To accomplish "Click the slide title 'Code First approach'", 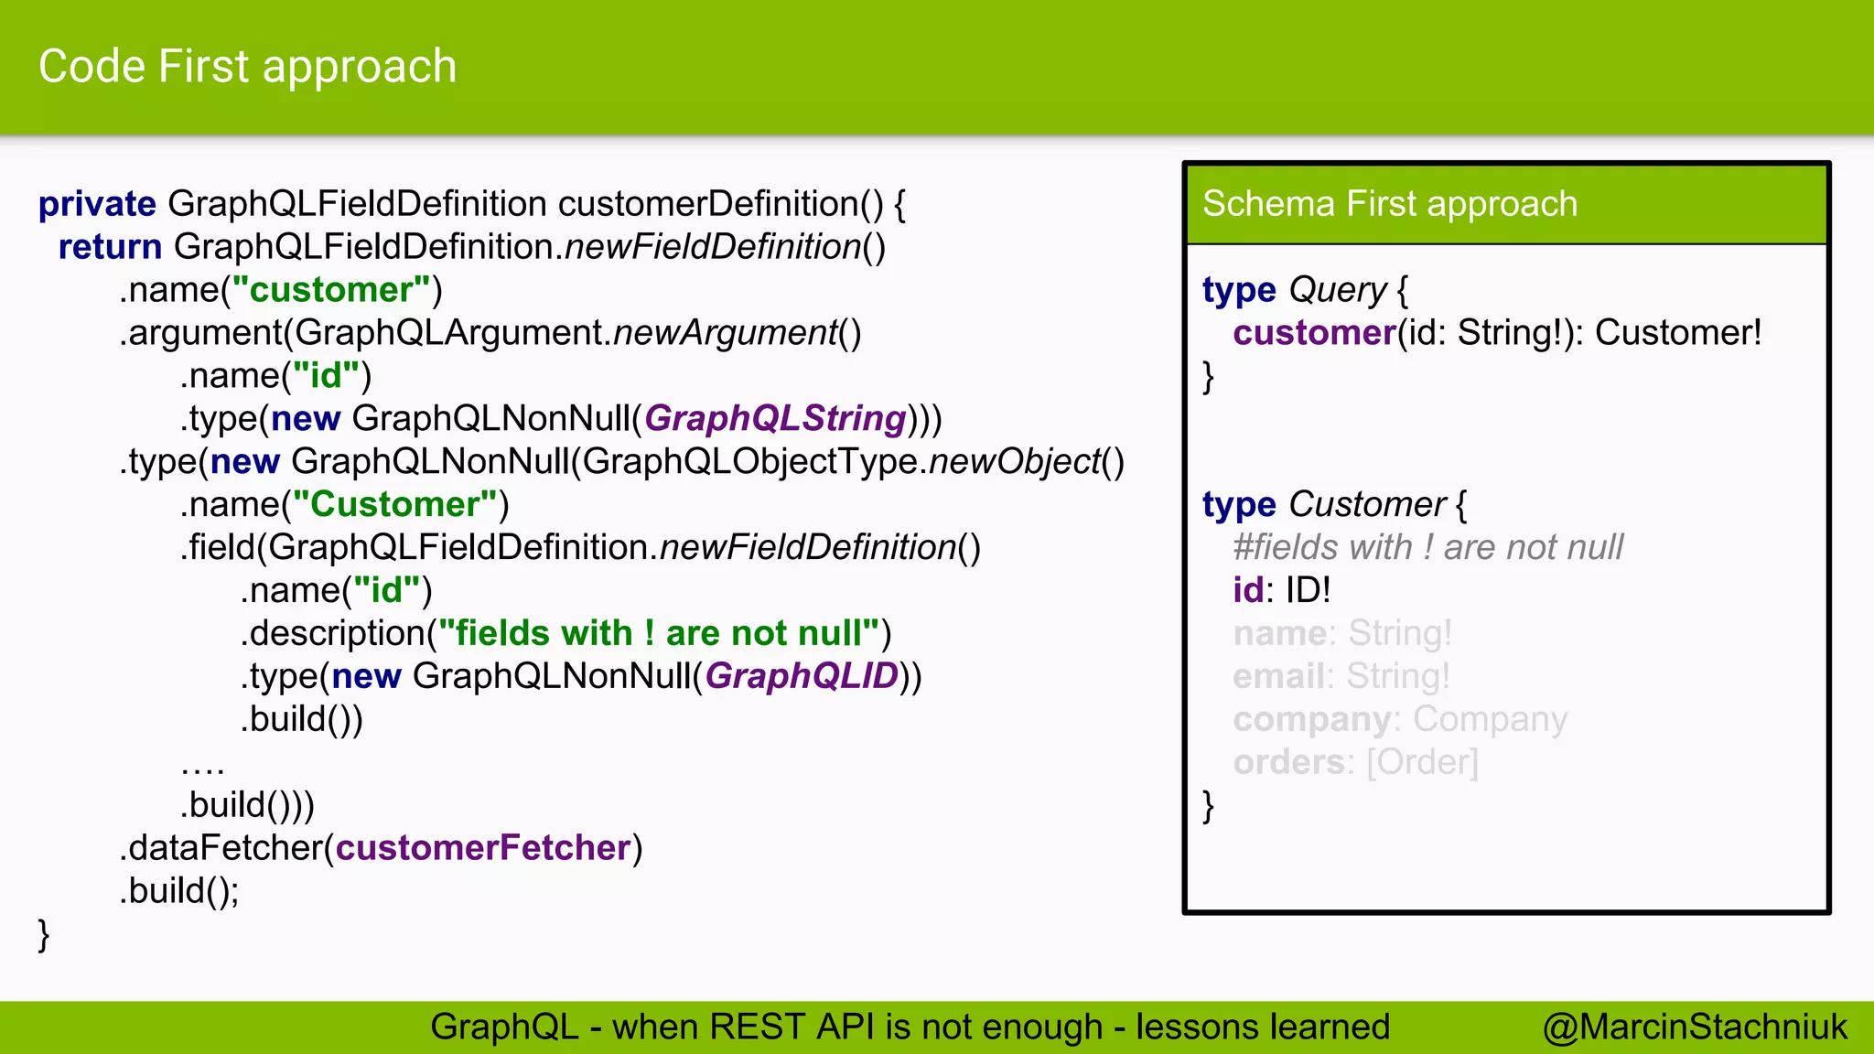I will (x=247, y=67).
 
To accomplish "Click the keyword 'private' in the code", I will (x=97, y=204).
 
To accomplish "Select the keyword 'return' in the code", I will (x=110, y=247).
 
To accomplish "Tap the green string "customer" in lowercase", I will (x=331, y=290).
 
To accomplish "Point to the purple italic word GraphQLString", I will (x=775, y=419).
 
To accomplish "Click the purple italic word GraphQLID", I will (x=802, y=676).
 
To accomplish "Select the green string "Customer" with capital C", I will (x=395, y=505).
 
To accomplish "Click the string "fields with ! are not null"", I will (x=659, y=633).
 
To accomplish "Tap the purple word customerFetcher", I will (x=483, y=848).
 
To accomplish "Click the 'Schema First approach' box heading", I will (x=1389, y=204).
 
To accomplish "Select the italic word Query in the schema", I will (x=1338, y=290).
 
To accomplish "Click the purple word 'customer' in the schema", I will (x=1314, y=333).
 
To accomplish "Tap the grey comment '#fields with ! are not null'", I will (x=1427, y=547).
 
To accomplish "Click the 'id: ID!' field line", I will (x=1281, y=590).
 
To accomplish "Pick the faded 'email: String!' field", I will (x=1341, y=676).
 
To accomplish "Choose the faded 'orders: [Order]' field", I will (x=1354, y=762).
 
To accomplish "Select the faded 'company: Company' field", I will (x=1399, y=719).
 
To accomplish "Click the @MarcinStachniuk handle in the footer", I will (x=1694, y=1027).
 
